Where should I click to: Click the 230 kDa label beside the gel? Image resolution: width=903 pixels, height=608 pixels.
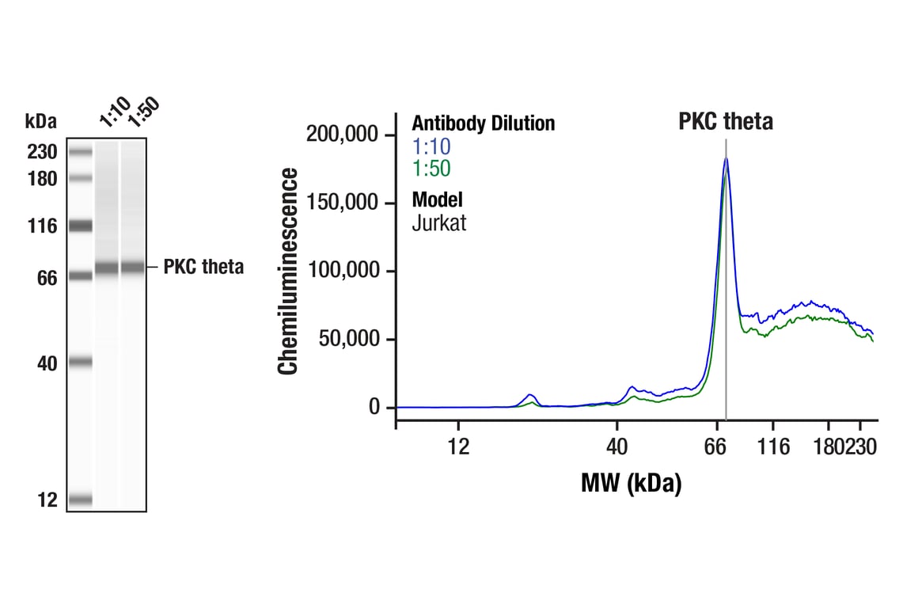pyautogui.click(x=41, y=152)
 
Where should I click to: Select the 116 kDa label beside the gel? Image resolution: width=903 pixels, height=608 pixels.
pyautogui.click(x=41, y=226)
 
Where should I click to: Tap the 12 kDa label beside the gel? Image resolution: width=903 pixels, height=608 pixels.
pyautogui.click(x=46, y=500)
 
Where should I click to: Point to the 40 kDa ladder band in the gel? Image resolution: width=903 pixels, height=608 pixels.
pyautogui.click(x=80, y=363)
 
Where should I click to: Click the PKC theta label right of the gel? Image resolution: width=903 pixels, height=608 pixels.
pyautogui.click(x=203, y=267)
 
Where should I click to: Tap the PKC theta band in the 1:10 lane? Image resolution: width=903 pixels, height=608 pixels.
pyautogui.click(x=106, y=268)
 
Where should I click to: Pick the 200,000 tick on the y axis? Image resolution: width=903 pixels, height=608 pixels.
pyautogui.click(x=343, y=135)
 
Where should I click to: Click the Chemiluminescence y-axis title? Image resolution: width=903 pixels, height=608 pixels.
pyautogui.click(x=289, y=271)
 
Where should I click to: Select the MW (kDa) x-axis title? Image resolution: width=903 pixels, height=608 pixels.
pyautogui.click(x=631, y=483)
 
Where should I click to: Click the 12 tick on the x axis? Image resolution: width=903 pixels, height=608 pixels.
pyautogui.click(x=458, y=447)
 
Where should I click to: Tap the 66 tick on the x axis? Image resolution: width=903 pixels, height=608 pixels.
pyautogui.click(x=715, y=447)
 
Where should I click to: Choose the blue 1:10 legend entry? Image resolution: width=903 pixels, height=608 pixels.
pyautogui.click(x=431, y=146)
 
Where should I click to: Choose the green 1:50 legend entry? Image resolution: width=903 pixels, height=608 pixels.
pyautogui.click(x=431, y=168)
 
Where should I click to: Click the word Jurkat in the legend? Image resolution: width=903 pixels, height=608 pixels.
pyautogui.click(x=438, y=222)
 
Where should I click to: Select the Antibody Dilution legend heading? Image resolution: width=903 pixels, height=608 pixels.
pyautogui.click(x=483, y=123)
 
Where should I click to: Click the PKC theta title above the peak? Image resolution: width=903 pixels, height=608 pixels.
pyautogui.click(x=725, y=122)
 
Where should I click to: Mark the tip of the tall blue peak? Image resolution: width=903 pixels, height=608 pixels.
pyautogui.click(x=726, y=158)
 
